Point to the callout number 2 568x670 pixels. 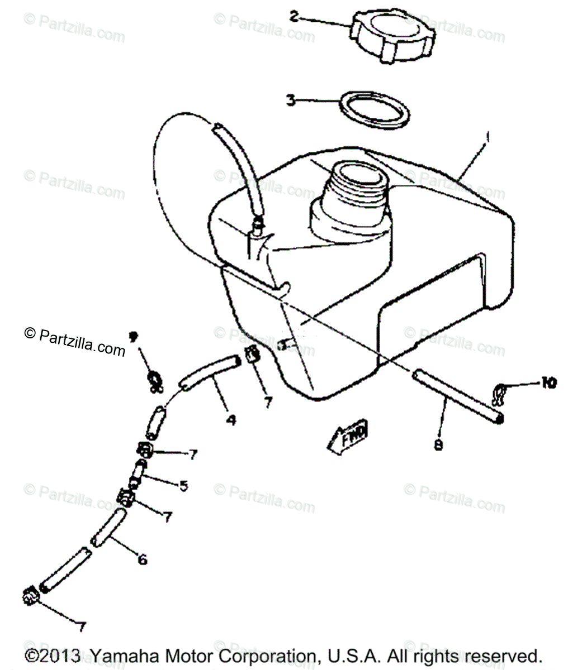294,16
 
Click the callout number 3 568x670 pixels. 290,101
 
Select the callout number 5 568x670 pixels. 183,485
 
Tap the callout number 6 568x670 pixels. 142,558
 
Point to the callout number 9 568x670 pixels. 133,337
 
